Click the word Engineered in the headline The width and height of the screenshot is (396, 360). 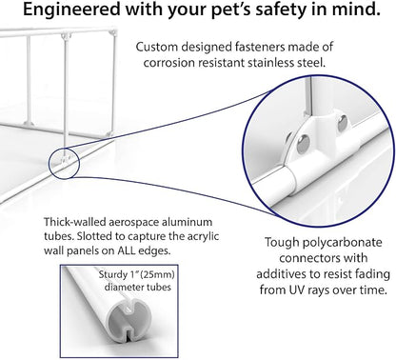click(71, 10)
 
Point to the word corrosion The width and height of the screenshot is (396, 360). click(169, 63)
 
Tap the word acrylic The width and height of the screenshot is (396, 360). click(202, 236)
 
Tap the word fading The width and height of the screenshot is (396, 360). click(372, 274)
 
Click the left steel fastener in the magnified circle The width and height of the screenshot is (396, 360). click(303, 142)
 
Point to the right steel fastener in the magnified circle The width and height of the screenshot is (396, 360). click(343, 123)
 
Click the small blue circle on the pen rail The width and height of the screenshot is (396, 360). click(64, 163)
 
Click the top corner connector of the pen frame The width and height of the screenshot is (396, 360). click(65, 36)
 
